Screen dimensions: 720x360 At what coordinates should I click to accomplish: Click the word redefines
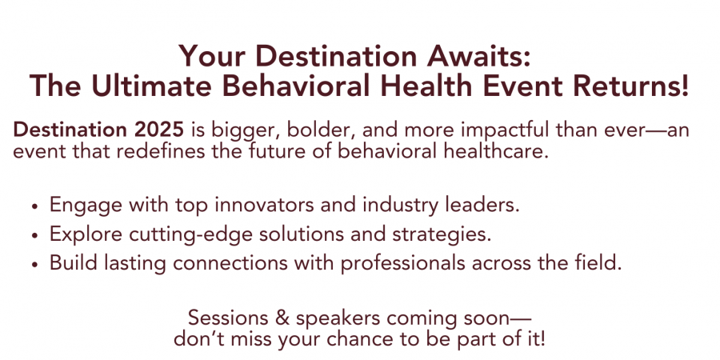163,151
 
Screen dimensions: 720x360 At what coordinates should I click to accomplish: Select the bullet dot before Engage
34,206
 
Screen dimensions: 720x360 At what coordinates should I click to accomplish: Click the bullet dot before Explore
34,235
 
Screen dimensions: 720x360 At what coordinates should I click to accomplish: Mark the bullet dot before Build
34,265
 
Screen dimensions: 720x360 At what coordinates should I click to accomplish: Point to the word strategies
441,235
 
